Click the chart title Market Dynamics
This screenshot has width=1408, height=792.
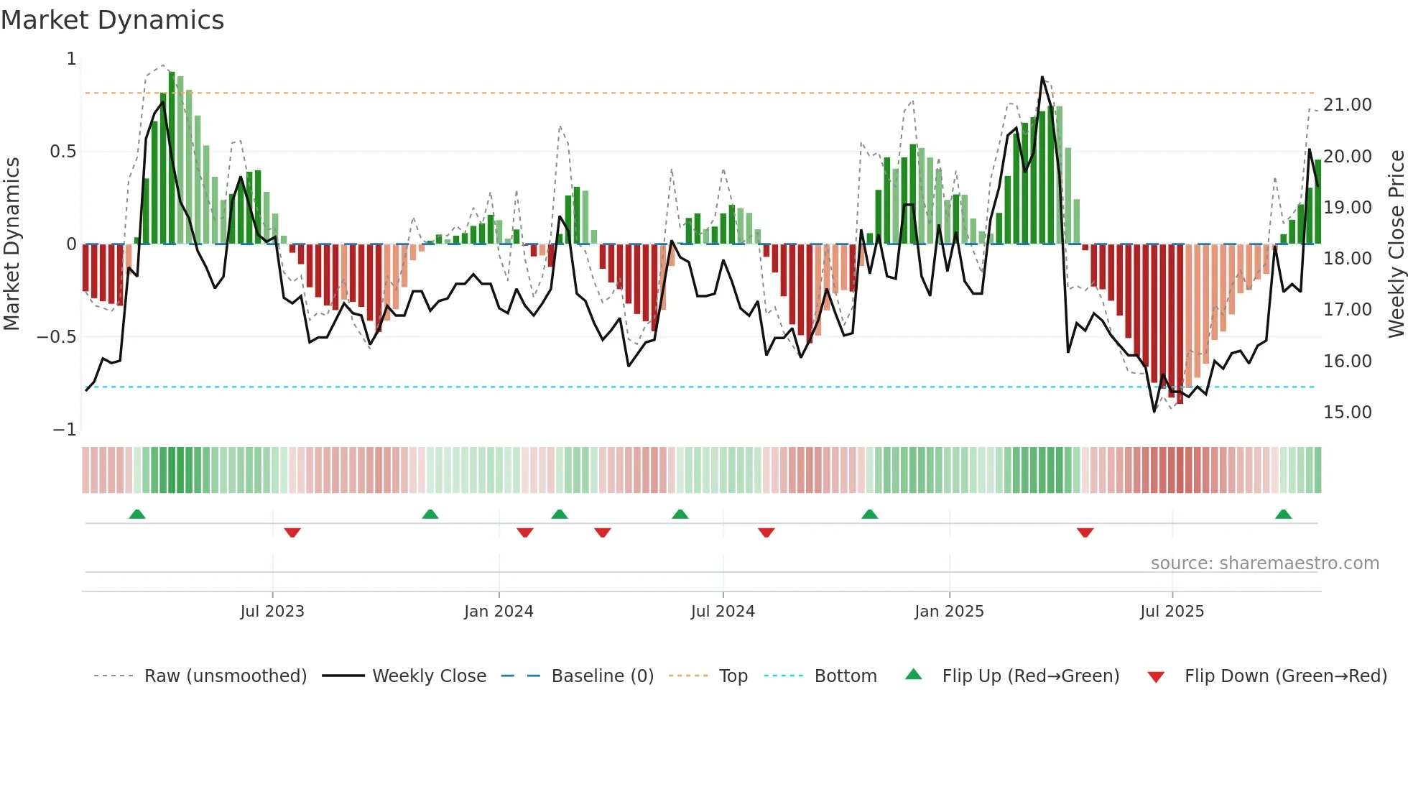click(112, 20)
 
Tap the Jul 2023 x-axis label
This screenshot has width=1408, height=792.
click(272, 612)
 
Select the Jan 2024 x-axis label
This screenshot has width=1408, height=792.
click(499, 612)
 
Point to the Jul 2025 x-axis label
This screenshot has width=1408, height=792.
click(1172, 612)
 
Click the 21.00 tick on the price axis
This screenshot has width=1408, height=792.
click(1347, 105)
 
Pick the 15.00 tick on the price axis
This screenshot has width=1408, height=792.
click(1347, 413)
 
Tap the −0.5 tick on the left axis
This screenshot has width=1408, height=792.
click(57, 337)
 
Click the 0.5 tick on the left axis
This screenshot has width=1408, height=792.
click(62, 152)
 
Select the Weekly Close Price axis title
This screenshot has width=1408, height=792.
click(1396, 244)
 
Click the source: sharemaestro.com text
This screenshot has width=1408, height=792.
click(1264, 563)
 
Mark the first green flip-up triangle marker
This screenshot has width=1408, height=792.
click(137, 514)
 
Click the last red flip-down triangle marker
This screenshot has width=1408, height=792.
click(1085, 533)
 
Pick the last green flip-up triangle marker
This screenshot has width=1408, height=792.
click(1283, 514)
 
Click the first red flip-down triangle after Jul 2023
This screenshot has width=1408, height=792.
click(292, 533)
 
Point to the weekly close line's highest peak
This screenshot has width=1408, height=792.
click(1042, 77)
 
